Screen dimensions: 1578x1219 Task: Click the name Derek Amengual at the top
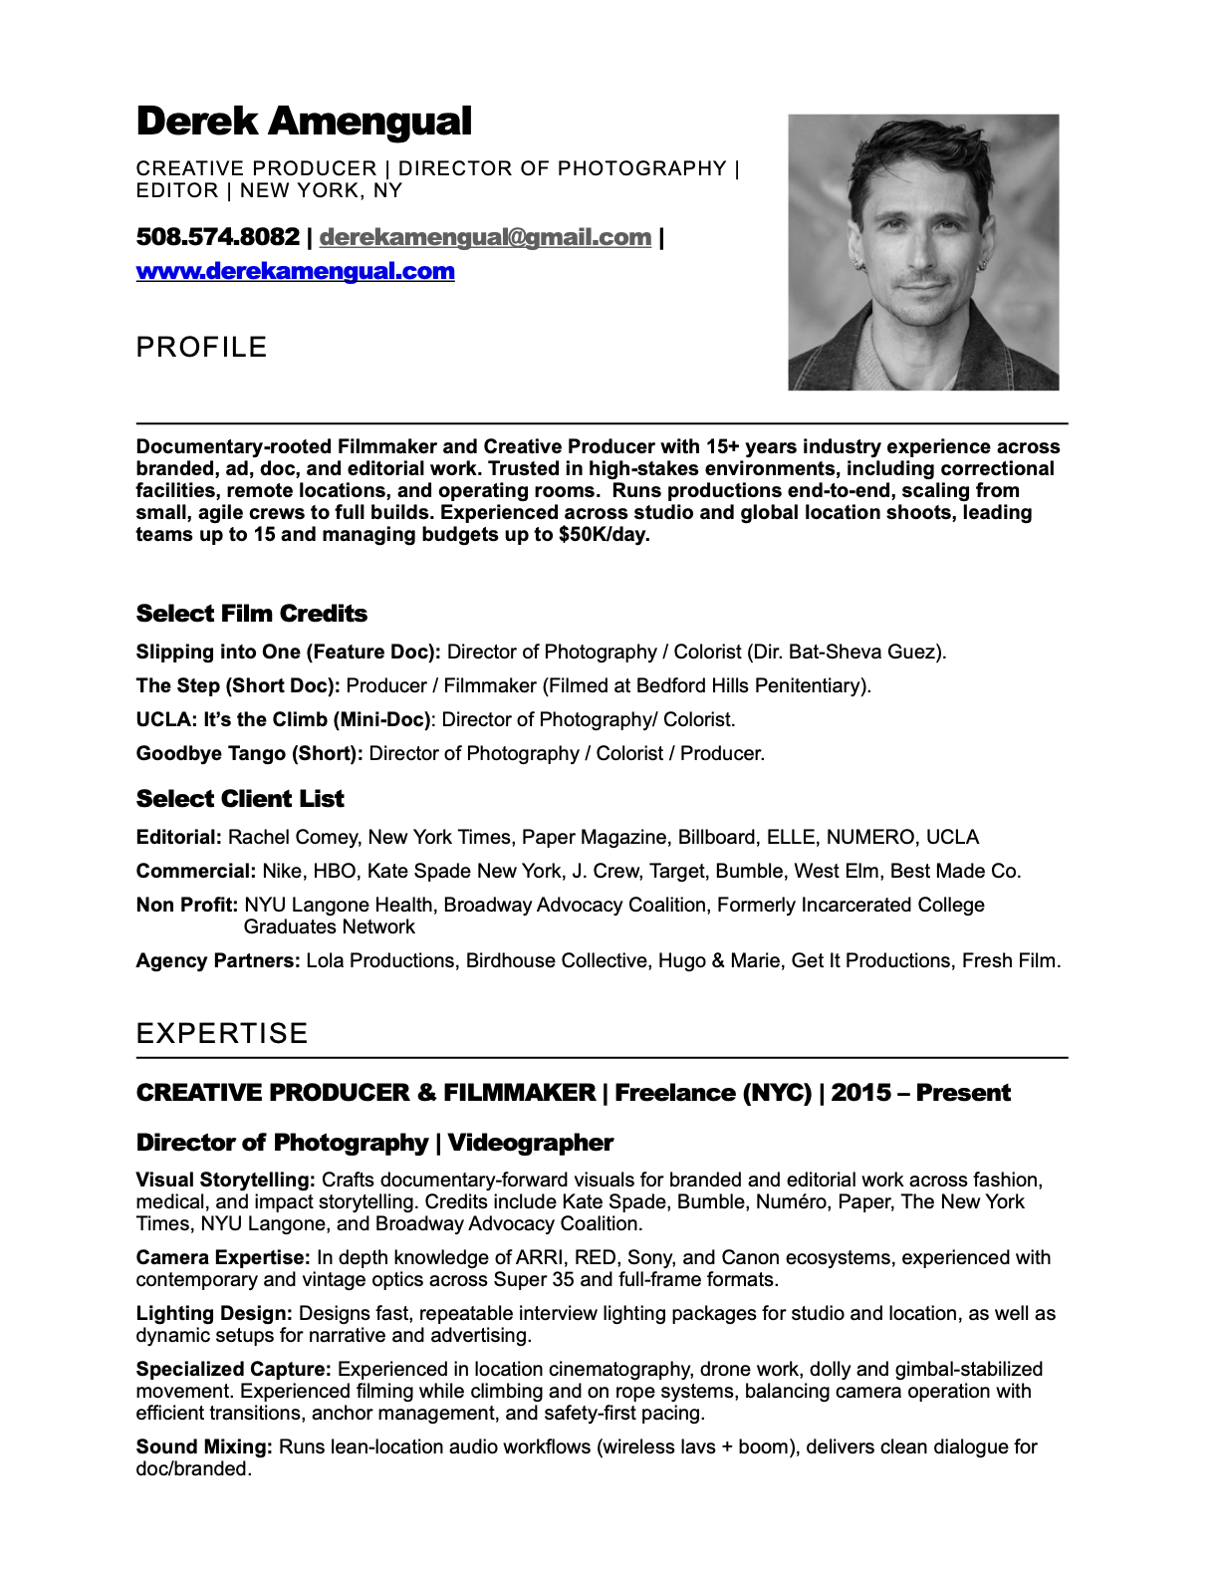[304, 122]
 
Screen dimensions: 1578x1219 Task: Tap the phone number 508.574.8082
[217, 237]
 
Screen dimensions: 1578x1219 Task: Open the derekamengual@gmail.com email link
[485, 237]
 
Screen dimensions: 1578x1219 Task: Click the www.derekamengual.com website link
[295, 271]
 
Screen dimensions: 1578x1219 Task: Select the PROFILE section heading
[201, 347]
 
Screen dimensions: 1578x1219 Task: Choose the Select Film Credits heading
[251, 614]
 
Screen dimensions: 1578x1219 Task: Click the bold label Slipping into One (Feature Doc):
[288, 652]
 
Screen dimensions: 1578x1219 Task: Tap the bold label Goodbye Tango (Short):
[249, 753]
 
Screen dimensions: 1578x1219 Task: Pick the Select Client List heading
[240, 799]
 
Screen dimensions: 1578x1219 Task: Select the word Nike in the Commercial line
[282, 871]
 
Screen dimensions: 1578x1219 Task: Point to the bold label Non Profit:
[186, 905]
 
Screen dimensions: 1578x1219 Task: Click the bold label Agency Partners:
[217, 960]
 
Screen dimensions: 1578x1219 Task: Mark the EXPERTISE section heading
[222, 1033]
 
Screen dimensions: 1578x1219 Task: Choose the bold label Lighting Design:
[214, 1313]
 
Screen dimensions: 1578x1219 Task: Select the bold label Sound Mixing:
[204, 1446]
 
